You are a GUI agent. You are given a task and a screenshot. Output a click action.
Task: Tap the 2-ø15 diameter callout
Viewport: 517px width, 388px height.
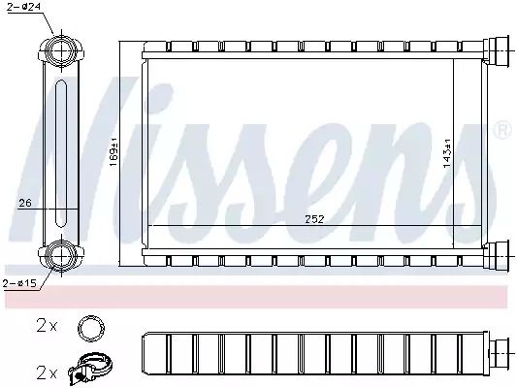click(x=19, y=283)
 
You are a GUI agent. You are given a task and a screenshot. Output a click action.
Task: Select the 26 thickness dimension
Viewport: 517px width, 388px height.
click(x=25, y=203)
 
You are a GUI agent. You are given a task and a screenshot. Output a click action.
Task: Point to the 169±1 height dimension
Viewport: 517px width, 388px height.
click(x=113, y=151)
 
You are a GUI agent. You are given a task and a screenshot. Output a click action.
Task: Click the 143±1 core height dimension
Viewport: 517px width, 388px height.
click(x=447, y=153)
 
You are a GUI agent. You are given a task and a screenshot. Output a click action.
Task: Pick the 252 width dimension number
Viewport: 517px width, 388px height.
click(x=314, y=219)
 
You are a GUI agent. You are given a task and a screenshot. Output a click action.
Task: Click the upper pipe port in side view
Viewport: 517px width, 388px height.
click(x=62, y=50)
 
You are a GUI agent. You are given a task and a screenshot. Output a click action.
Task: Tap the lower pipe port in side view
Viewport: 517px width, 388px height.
click(x=62, y=255)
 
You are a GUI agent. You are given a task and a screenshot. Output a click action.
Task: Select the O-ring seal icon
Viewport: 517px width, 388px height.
click(x=91, y=328)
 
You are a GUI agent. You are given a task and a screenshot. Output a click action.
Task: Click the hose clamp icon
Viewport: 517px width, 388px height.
click(x=89, y=370)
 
